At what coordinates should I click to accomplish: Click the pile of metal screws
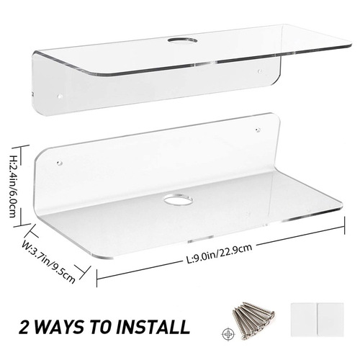pos(253,321)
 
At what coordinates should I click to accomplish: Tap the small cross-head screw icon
pos(228,334)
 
